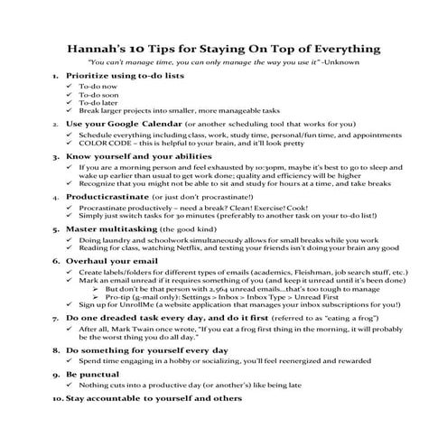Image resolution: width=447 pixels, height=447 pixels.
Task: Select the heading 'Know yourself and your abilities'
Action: [x=135, y=156]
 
